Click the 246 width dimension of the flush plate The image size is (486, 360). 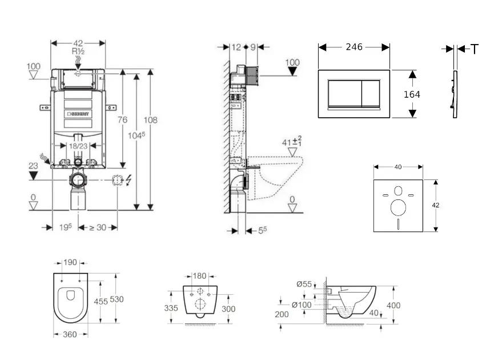354,47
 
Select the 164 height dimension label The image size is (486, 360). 412,94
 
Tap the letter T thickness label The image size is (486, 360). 475,50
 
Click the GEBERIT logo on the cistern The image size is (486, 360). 79,114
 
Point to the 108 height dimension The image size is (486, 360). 151,120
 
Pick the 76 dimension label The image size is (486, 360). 122,119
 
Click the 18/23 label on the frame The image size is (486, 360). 79,147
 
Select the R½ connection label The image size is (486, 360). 78,51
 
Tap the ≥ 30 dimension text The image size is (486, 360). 98,227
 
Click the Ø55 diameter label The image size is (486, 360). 304,284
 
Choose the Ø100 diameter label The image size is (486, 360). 302,305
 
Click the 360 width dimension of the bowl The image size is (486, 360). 70,335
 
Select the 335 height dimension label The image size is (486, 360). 171,308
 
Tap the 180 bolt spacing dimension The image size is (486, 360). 200,276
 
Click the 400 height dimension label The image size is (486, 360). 393,306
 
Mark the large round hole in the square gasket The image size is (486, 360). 398,206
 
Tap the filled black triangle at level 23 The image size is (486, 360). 34,175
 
